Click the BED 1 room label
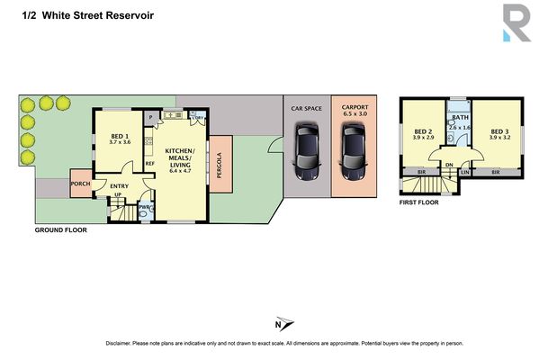point(120,136)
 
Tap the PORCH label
point(81,187)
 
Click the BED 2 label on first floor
point(424,133)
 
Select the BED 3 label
point(501,133)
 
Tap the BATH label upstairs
point(460,118)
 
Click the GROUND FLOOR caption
point(61,230)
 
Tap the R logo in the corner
point(517,22)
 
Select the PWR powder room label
point(144,207)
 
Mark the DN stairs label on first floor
point(449,164)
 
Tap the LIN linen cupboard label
point(465,172)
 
